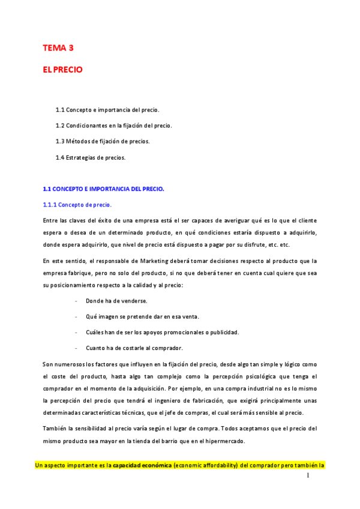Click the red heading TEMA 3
(x=58, y=47)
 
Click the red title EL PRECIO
(x=62, y=70)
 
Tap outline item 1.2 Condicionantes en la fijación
(x=113, y=125)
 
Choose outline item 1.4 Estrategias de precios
(x=91, y=157)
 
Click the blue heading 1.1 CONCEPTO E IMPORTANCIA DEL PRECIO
(x=103, y=189)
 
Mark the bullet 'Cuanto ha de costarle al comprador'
(x=134, y=348)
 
